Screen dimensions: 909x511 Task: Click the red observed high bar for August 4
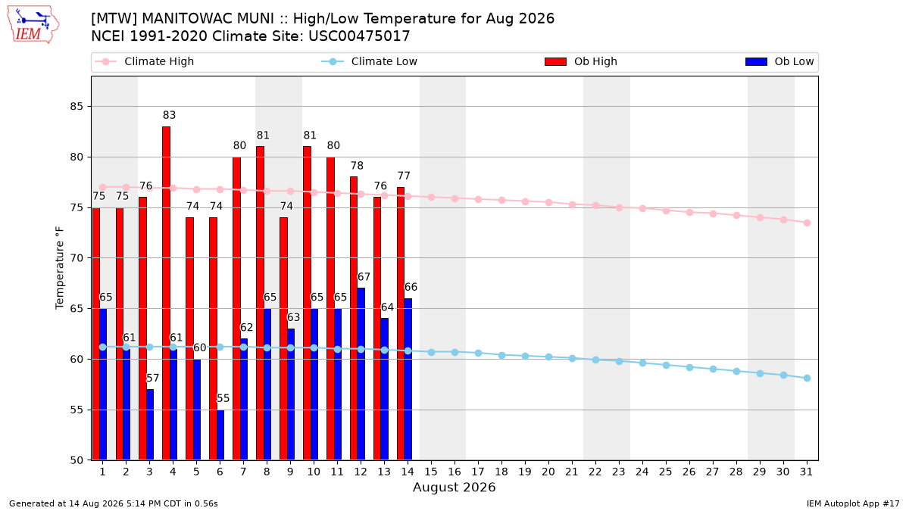pos(166,293)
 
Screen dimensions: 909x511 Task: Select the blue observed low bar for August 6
pos(220,435)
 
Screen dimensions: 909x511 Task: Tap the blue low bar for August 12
pos(361,374)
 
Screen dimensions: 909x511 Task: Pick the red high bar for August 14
pos(401,324)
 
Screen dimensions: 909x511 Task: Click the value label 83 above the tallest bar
pos(169,115)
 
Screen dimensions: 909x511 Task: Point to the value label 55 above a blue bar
pos(223,398)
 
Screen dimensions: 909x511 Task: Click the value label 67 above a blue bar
pos(364,276)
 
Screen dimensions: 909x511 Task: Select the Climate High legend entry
pos(145,61)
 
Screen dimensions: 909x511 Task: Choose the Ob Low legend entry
pos(779,61)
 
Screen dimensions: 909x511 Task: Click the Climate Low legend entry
pos(370,61)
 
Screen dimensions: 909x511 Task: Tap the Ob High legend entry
pos(581,61)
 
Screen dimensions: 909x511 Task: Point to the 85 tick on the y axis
pos(77,106)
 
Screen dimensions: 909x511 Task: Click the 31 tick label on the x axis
pos(806,472)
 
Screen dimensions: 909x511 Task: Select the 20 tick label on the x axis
pos(548,472)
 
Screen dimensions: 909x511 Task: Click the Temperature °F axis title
pos(60,268)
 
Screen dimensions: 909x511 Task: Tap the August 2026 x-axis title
pos(454,487)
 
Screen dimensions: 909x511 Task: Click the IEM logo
pos(33,25)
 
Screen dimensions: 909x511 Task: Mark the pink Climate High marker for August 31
pos(807,223)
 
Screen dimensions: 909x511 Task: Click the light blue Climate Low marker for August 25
pos(666,366)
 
